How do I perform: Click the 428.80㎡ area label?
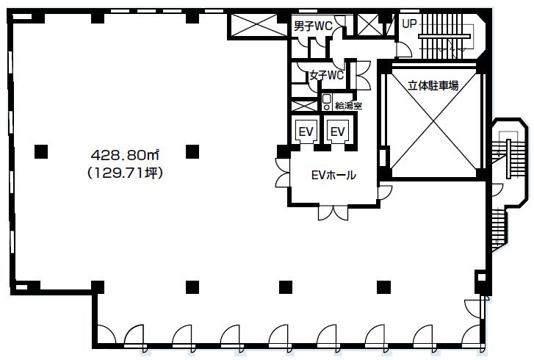[x=126, y=155]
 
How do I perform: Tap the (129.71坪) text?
[x=125, y=173]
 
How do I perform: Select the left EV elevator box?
[x=306, y=131]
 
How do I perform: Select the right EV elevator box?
[x=338, y=131]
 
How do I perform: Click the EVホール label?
[x=333, y=176]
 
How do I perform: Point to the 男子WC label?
[x=312, y=26]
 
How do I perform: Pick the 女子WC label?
[x=326, y=75]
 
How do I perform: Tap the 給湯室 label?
[x=347, y=106]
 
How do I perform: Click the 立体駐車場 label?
[x=433, y=85]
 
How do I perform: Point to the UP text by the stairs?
[x=409, y=24]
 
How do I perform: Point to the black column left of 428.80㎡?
[x=41, y=152]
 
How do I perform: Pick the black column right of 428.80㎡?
[x=192, y=152]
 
